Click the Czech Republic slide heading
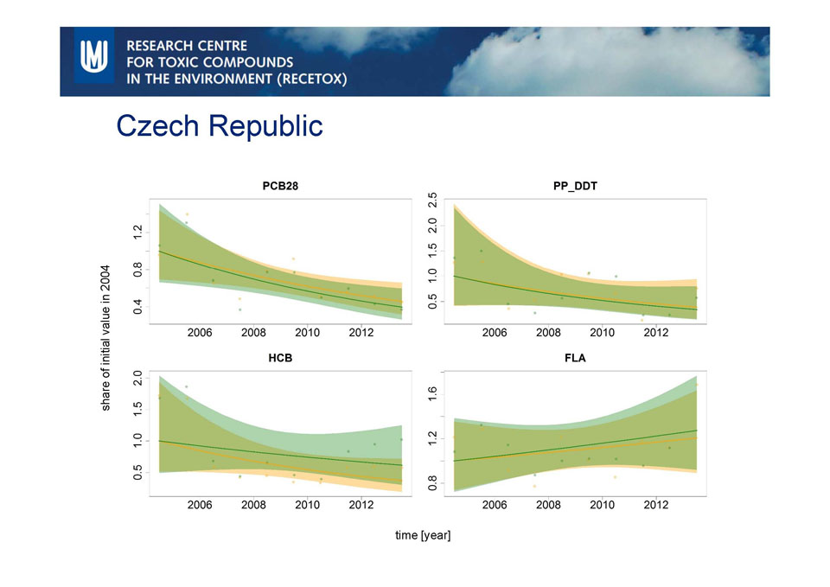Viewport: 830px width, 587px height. click(220, 126)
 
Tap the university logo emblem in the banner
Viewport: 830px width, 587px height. click(93, 61)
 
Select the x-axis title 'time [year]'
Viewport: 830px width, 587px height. click(423, 536)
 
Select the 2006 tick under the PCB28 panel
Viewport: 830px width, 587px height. click(201, 332)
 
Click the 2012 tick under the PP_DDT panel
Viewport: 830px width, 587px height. click(655, 332)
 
